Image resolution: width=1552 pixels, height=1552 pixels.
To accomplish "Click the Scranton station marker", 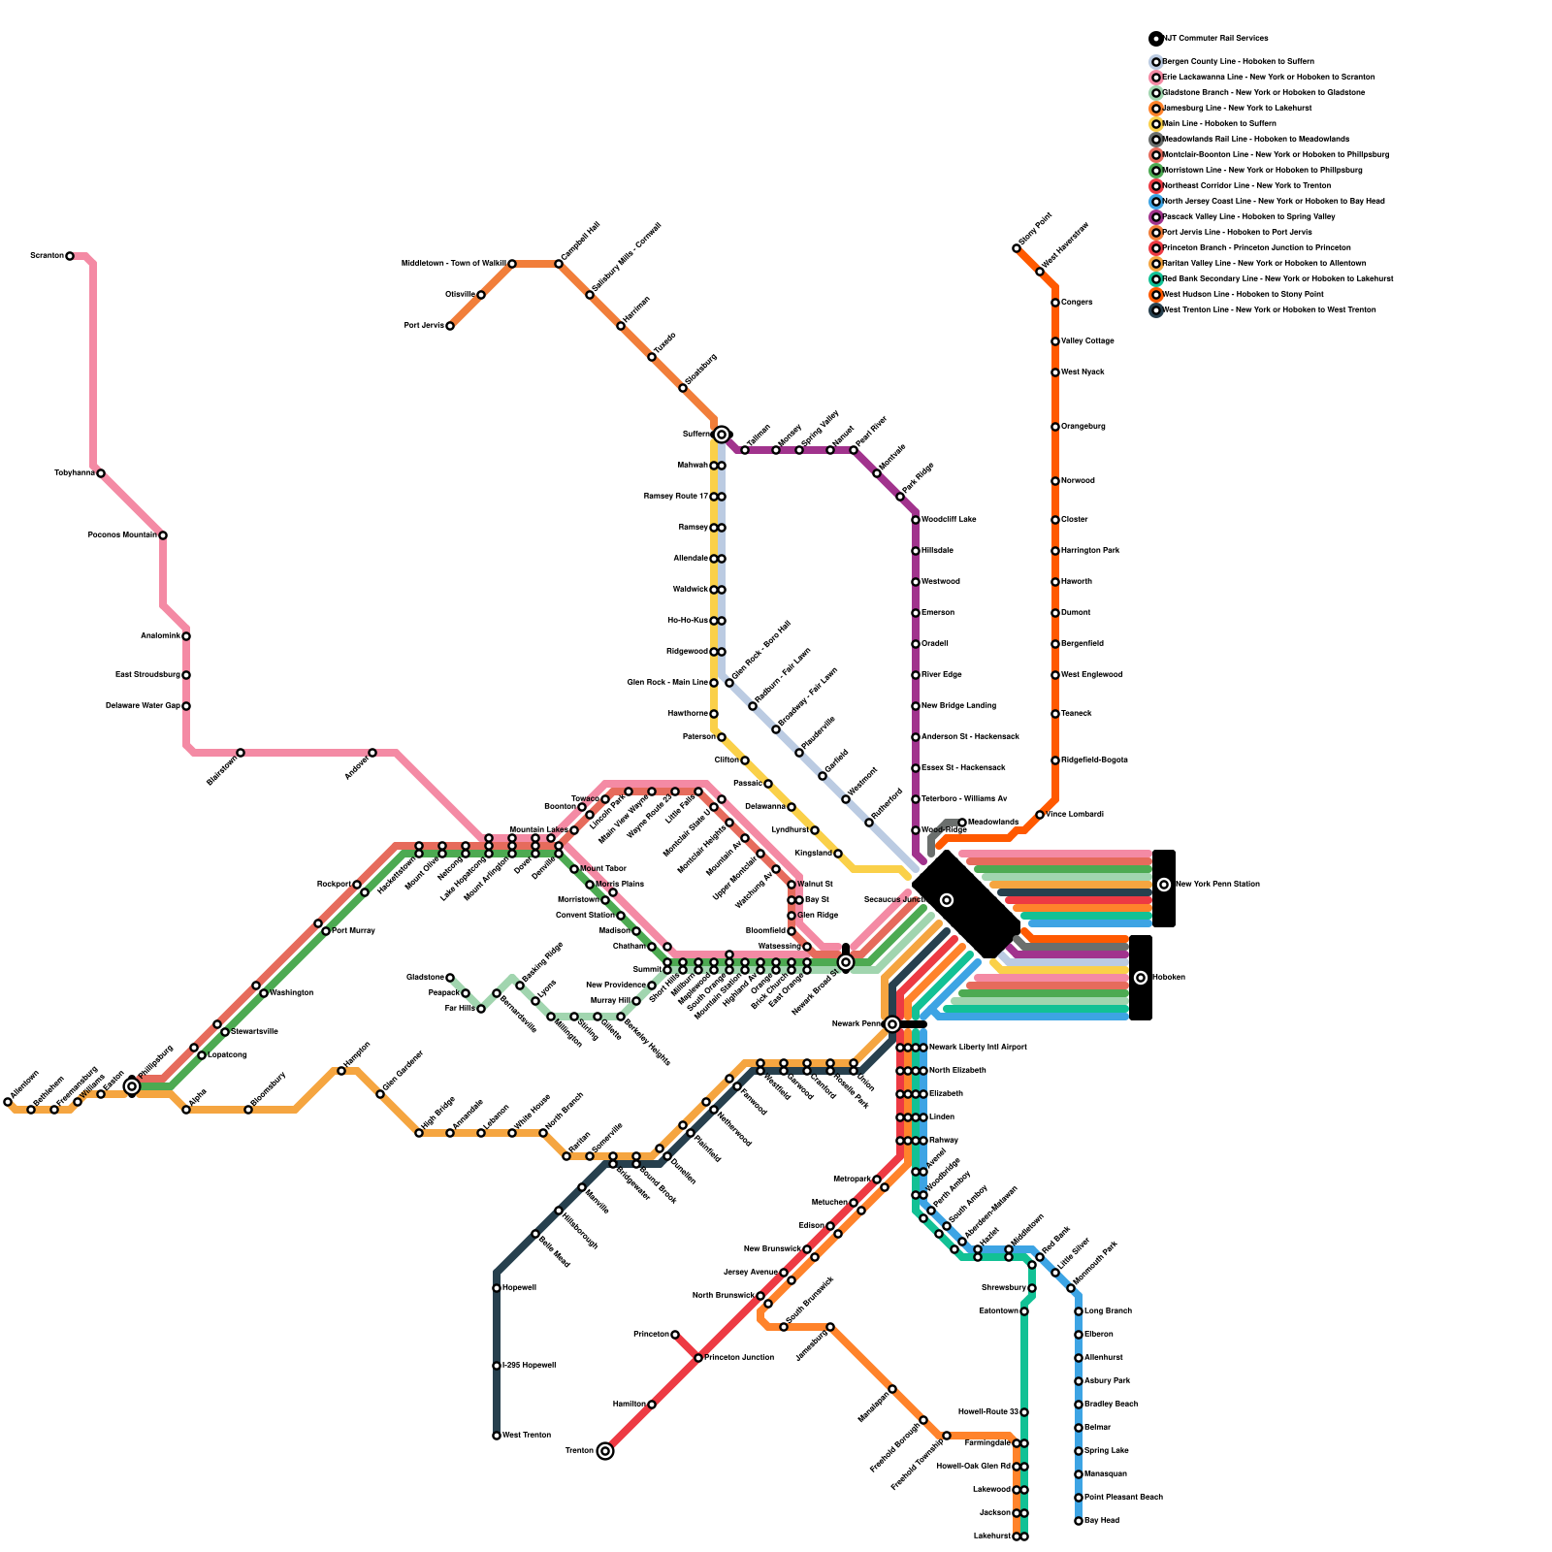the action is pos(70,256).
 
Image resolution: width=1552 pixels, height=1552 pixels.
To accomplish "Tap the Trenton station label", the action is pos(579,1451).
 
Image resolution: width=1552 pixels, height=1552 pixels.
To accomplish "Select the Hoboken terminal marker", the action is pos(1141,978).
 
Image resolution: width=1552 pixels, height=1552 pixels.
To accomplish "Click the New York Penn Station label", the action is pos(1217,885).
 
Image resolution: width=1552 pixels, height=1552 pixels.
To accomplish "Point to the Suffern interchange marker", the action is pos(722,435).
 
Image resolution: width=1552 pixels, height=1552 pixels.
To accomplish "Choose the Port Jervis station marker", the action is pos(450,326).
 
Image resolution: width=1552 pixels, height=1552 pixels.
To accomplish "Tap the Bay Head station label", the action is pos(1102,1521).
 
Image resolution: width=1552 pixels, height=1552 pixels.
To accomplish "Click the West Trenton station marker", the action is pos(497,1436).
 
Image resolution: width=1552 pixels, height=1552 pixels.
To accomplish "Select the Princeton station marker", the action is pos(675,1335).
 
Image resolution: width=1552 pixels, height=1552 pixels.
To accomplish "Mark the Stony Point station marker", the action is pos(1017,248).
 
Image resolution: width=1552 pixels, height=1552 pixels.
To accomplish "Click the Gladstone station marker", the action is pos(450,978).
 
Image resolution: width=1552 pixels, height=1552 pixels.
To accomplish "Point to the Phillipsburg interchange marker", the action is pos(132,1086).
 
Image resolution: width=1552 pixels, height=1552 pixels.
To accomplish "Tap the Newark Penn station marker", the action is pos(892,1024).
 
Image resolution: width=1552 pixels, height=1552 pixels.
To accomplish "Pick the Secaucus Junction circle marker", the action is pos(947,900).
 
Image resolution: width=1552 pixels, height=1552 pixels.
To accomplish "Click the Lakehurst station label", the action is pos(991,1536).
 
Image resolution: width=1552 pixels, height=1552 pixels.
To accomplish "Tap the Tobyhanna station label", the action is pos(74,473).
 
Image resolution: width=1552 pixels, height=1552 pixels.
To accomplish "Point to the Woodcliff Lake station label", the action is pos(949,520).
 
